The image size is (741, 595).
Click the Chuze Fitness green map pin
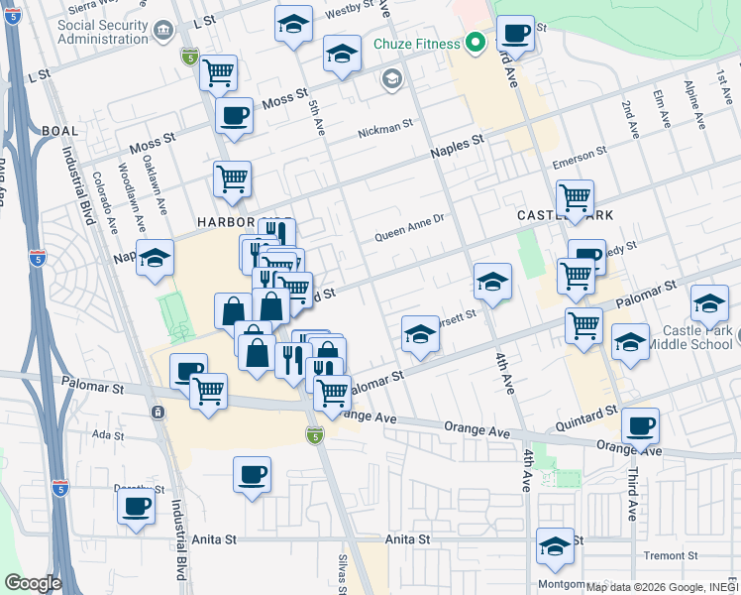click(x=476, y=43)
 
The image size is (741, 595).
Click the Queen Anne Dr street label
click(x=412, y=236)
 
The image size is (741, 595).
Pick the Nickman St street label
click(x=385, y=127)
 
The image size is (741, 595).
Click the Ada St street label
click(x=105, y=434)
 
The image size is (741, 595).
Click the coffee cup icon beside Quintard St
click(x=640, y=425)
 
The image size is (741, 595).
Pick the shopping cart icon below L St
click(x=218, y=71)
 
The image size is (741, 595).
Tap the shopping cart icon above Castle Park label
click(x=575, y=196)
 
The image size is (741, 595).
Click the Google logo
click(x=32, y=583)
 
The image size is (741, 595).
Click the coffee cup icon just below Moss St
click(x=234, y=115)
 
